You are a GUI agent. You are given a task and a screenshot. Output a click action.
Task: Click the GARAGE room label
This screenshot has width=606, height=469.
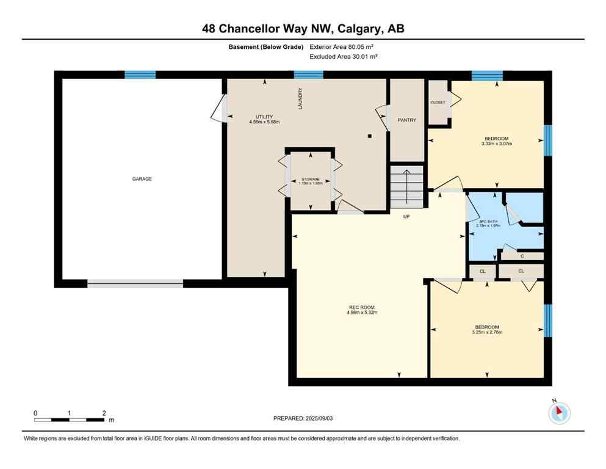(x=142, y=179)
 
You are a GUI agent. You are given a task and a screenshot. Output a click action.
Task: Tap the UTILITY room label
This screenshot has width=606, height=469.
(x=264, y=117)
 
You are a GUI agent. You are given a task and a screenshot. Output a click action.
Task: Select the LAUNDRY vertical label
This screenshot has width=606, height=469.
(x=300, y=98)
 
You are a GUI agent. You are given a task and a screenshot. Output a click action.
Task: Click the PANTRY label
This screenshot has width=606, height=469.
(x=406, y=120)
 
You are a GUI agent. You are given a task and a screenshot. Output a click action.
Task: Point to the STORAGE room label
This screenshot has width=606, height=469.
(x=311, y=179)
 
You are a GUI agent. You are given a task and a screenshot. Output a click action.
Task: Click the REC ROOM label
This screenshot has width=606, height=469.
(x=362, y=307)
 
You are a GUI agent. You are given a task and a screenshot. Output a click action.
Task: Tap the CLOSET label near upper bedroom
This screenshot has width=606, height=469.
(x=438, y=103)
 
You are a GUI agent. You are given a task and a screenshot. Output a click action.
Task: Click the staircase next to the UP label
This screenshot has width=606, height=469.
(x=406, y=186)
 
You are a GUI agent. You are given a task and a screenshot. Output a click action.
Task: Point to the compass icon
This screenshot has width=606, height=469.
(x=558, y=413)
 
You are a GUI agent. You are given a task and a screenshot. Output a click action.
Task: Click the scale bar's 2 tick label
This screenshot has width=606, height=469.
(x=104, y=413)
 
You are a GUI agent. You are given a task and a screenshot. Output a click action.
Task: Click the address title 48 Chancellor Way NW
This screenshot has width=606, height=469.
(x=303, y=29)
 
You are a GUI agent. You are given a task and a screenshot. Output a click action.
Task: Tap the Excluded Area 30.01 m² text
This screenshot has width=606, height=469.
(x=344, y=56)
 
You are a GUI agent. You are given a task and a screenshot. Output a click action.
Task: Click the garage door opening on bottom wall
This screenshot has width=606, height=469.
(x=135, y=283)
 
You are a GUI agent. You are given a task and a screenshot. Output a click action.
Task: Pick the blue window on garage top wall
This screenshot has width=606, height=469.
(x=140, y=75)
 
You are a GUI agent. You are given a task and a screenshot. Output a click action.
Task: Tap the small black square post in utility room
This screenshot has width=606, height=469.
(x=369, y=136)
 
